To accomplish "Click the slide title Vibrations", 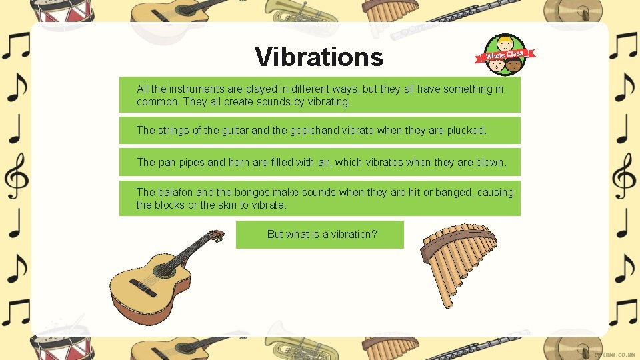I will pyautogui.click(x=319, y=57).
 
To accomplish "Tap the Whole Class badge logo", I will pyautogui.click(x=505, y=55).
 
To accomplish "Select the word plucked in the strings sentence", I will pyautogui.click(x=466, y=131).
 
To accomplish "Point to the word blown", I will pyautogui.click(x=490, y=162).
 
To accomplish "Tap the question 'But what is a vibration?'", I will pyautogui.click(x=321, y=235).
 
